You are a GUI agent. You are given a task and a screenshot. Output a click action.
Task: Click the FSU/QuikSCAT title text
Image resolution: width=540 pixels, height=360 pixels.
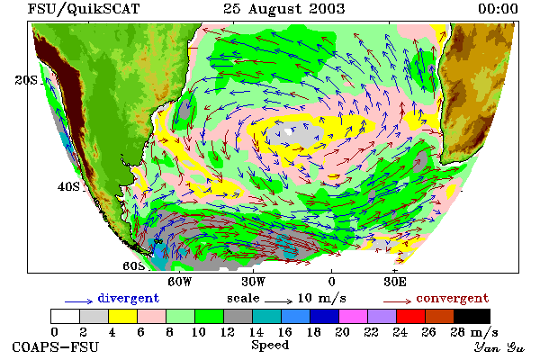pyautogui.click(x=84, y=9)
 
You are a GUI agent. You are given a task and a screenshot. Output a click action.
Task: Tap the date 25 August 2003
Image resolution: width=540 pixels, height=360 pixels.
pyautogui.click(x=283, y=9)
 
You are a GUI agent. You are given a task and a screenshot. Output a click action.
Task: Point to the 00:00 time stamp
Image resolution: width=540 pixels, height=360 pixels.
pyautogui.click(x=498, y=9)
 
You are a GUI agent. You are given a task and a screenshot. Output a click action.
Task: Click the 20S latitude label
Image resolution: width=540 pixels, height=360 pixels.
pyautogui.click(x=26, y=80)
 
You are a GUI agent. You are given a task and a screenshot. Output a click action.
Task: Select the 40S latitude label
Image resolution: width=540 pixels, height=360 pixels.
pyautogui.click(x=68, y=186)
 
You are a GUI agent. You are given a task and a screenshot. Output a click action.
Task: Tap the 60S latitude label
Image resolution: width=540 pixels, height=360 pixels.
pyautogui.click(x=134, y=266)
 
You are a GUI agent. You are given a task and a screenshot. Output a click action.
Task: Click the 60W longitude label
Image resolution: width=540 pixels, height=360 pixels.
pyautogui.click(x=179, y=282)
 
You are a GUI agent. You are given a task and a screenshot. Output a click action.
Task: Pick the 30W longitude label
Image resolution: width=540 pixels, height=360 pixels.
pyautogui.click(x=253, y=282)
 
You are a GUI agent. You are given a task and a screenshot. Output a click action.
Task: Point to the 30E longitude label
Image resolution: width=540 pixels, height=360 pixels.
pyautogui.click(x=395, y=282)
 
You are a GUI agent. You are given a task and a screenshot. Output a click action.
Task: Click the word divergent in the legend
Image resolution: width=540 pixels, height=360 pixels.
pyautogui.click(x=129, y=298)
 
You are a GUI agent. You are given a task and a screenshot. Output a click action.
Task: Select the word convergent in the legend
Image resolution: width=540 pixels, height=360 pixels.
pyautogui.click(x=453, y=298)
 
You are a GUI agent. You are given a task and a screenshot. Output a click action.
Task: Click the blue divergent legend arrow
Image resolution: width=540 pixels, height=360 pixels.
pyautogui.click(x=79, y=301)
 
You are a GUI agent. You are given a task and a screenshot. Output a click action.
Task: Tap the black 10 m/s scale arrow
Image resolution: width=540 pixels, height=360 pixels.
pyautogui.click(x=279, y=301)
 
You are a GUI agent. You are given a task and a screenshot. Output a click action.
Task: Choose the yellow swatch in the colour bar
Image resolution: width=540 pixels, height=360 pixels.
pyautogui.click(x=122, y=316)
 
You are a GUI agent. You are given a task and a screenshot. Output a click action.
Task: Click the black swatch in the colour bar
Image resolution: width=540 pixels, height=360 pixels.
pyautogui.click(x=472, y=316)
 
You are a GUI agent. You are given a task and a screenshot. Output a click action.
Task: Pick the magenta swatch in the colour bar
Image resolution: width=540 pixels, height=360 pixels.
pyautogui.click(x=354, y=316)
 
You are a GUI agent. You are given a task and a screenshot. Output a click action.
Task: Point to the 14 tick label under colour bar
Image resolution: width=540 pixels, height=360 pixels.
pyautogui.click(x=256, y=332)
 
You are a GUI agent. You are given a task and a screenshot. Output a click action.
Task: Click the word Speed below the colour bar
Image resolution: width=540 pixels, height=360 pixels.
pyautogui.click(x=270, y=345)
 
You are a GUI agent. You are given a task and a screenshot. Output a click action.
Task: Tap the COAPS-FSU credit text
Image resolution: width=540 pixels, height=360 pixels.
pyautogui.click(x=56, y=347)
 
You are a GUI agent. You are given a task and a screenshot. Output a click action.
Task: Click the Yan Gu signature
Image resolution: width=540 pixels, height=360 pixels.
pyautogui.click(x=499, y=347)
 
